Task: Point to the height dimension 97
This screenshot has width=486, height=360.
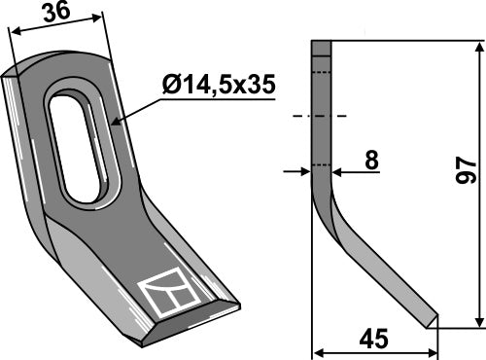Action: tap(464, 172)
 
